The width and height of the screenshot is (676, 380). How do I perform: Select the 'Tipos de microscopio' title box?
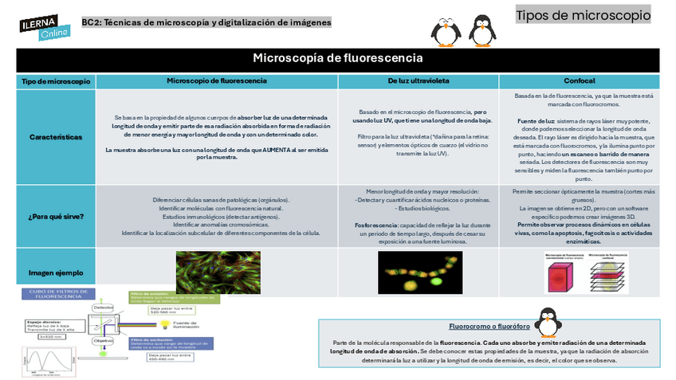point(583,15)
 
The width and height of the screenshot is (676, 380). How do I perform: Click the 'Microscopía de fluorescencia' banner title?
point(337,58)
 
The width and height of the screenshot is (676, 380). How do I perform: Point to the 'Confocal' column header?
point(580,81)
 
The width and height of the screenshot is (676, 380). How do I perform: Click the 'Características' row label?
point(55,137)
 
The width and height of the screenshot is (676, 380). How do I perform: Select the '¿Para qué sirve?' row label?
point(55,216)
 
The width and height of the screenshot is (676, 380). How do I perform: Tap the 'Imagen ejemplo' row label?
point(55,272)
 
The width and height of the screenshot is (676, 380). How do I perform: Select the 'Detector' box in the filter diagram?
point(103,307)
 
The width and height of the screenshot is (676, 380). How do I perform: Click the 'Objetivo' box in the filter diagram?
point(103,339)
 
